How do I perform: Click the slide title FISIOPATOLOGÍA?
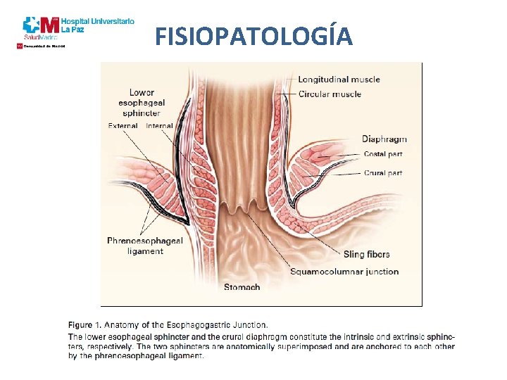254,35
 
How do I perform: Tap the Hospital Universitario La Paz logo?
77,27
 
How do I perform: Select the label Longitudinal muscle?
339,80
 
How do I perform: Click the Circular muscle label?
330,94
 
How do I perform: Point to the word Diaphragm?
384,139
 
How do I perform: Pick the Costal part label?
384,155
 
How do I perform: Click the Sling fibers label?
366,254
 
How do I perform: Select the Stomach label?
242,287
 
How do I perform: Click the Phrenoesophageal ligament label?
145,246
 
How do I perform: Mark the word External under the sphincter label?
123,126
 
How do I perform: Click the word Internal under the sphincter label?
159,126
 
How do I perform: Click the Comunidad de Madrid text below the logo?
44,46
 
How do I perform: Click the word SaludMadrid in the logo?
40,37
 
